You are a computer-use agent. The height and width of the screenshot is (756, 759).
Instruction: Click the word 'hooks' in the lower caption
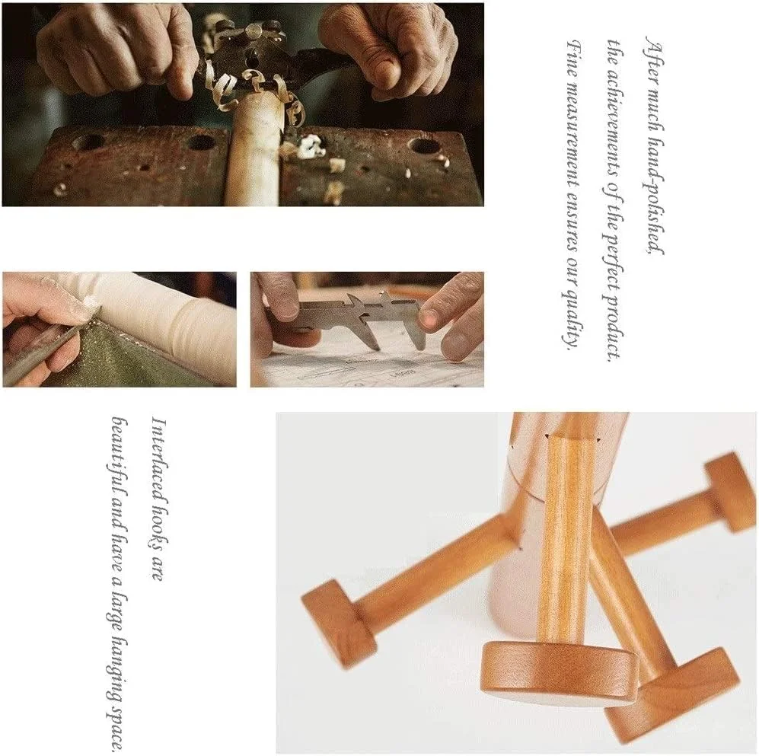(159, 532)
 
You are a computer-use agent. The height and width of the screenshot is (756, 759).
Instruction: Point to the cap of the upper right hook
(729, 493)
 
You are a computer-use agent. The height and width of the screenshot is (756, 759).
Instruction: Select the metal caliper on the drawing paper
(362, 321)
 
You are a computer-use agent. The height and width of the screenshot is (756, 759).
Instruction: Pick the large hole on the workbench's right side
(423, 145)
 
